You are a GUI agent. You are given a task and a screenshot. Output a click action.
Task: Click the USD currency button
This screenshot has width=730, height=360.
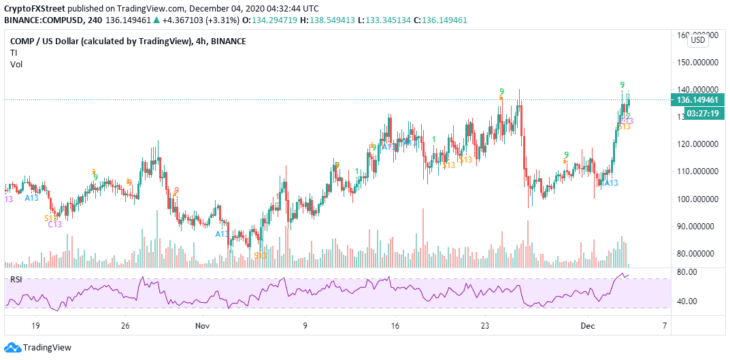[698, 40]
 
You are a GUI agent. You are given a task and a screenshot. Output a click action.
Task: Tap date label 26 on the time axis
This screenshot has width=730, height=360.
[125, 326]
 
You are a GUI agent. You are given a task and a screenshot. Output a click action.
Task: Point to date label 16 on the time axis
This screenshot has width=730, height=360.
[395, 326]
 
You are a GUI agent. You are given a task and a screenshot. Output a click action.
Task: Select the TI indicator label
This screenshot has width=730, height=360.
[14, 53]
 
